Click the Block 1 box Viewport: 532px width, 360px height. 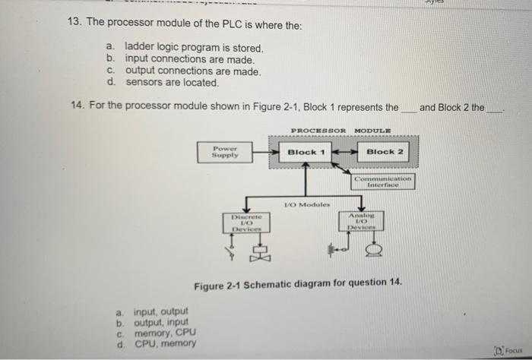click(x=306, y=152)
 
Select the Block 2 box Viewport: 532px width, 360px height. click(x=385, y=152)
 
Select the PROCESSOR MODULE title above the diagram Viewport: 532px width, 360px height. click(x=329, y=130)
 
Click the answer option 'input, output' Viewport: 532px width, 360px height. click(x=161, y=311)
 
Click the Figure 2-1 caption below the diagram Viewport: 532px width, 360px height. click(x=297, y=285)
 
